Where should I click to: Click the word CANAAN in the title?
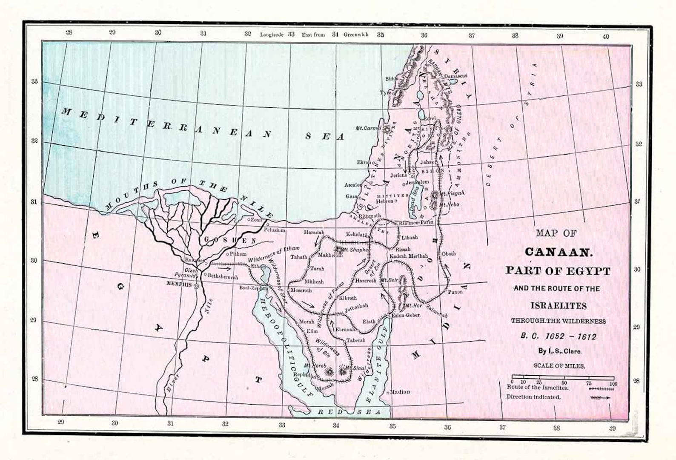(x=558, y=252)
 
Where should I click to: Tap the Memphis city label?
(x=179, y=285)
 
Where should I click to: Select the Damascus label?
(x=455, y=76)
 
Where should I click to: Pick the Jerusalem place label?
(x=417, y=182)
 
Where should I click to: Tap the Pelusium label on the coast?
(x=274, y=230)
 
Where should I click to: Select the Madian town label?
(x=400, y=392)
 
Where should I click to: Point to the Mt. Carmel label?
(x=368, y=128)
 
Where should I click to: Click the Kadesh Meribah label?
(x=408, y=256)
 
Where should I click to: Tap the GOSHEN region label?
(x=230, y=240)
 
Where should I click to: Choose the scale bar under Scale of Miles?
(x=562, y=378)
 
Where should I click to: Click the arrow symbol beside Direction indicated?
(x=600, y=398)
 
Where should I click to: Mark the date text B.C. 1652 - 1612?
(x=558, y=336)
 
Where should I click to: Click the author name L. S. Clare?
(x=559, y=351)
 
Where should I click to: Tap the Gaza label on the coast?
(x=351, y=196)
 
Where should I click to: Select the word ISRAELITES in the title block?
(x=558, y=306)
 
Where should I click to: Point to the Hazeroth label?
(x=366, y=281)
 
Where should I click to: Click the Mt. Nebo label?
(x=450, y=204)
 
